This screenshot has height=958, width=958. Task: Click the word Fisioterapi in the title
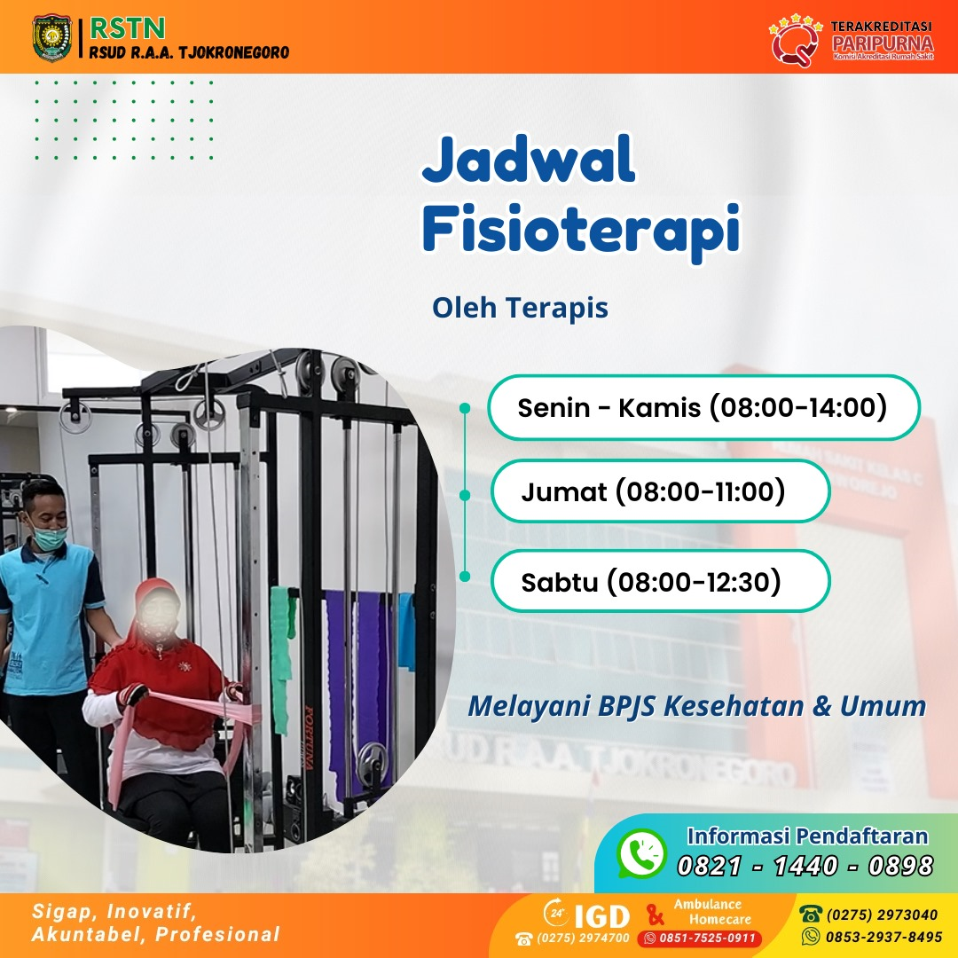coord(581,229)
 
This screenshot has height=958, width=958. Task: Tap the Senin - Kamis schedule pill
coord(703,408)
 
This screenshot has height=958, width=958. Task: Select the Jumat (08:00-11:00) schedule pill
coord(660,491)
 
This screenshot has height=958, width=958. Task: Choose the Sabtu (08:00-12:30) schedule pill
coord(660,582)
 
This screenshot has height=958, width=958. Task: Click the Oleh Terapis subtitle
coord(520,308)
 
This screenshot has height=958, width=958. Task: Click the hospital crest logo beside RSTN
coord(52,37)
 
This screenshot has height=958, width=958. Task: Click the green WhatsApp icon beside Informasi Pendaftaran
coord(640,853)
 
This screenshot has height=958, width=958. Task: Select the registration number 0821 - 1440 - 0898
coord(805,866)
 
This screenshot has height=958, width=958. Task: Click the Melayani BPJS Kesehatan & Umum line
coord(696,707)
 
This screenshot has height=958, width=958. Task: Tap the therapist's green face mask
coord(49,535)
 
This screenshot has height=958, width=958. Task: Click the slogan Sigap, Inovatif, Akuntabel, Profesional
coord(155,923)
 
